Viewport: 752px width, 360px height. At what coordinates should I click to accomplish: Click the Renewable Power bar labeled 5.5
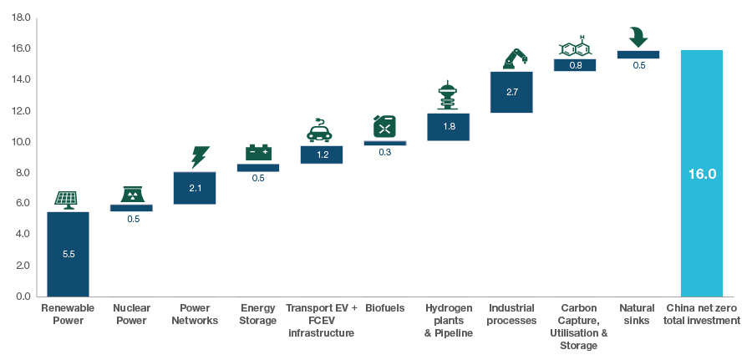pos(68,254)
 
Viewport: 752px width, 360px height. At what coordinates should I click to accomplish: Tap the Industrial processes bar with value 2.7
pos(511,92)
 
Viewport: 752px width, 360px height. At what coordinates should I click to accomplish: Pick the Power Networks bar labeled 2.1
pos(195,188)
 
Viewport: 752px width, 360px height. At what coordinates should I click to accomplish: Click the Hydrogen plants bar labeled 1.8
pos(448,127)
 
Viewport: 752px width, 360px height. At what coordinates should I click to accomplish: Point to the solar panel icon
pos(67,199)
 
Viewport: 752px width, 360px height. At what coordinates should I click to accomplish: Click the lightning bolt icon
pos(199,157)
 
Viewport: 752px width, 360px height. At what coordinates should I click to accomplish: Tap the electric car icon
pos(320,131)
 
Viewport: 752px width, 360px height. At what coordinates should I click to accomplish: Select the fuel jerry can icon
pos(384,125)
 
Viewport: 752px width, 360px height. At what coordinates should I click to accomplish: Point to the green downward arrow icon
pos(638,37)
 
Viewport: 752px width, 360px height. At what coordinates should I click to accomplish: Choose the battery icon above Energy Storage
pos(258,152)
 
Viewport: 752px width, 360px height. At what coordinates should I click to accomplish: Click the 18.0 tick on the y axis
pos(23,18)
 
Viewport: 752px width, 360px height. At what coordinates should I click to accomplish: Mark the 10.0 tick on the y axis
pos(23,142)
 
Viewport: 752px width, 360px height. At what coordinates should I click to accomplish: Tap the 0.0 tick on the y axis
pos(23,297)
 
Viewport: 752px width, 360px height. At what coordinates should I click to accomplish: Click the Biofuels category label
pos(384,308)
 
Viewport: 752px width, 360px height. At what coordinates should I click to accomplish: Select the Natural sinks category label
pos(637,314)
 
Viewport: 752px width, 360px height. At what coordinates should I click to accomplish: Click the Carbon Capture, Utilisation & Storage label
pos(578,327)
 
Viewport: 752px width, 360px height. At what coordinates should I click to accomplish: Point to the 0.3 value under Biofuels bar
pos(384,152)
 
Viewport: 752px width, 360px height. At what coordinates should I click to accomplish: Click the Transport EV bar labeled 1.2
pos(321,155)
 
